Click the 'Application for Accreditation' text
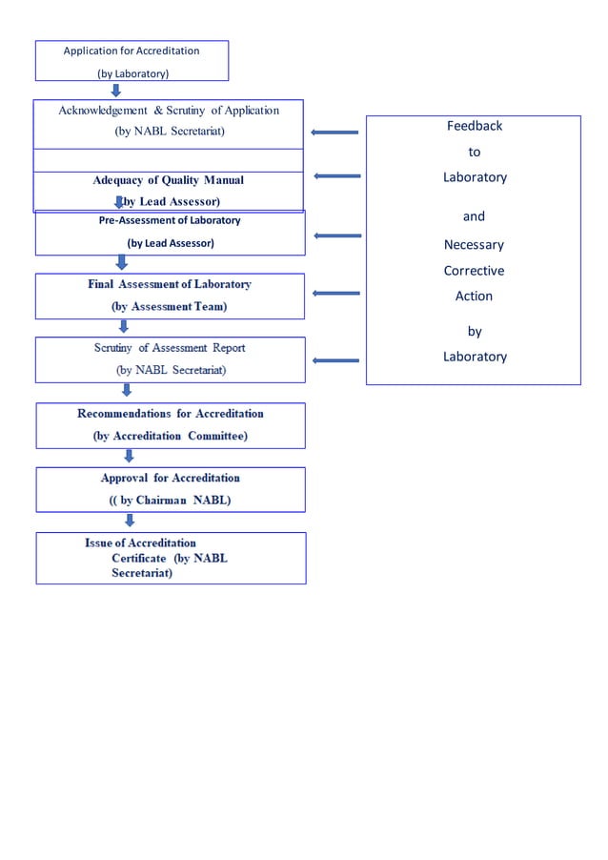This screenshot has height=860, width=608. (x=132, y=51)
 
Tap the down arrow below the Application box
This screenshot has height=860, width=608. (x=116, y=90)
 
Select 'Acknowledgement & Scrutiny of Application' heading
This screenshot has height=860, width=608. (x=169, y=111)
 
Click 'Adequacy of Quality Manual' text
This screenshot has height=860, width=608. (x=169, y=180)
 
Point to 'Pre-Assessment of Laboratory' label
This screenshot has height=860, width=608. (x=171, y=220)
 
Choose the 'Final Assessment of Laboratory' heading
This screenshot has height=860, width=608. (x=170, y=285)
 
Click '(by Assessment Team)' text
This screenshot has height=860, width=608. (x=170, y=307)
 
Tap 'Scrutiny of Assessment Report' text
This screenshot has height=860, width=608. (x=170, y=348)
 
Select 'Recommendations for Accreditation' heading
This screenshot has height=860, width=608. (x=171, y=414)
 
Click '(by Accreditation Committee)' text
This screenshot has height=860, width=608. (x=171, y=436)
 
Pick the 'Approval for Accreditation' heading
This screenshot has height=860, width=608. (x=171, y=478)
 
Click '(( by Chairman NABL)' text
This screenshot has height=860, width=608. (x=171, y=500)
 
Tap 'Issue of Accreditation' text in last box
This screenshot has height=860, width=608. (x=141, y=543)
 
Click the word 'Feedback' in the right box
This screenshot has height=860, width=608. (x=474, y=126)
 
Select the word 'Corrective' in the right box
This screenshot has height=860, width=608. (x=474, y=271)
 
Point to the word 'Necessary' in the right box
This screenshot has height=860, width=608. (x=474, y=245)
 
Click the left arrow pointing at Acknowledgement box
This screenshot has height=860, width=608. (x=334, y=133)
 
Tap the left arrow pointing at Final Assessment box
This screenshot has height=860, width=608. (x=335, y=294)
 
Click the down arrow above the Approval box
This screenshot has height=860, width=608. (x=129, y=456)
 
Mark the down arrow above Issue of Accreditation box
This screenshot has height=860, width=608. (x=130, y=521)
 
